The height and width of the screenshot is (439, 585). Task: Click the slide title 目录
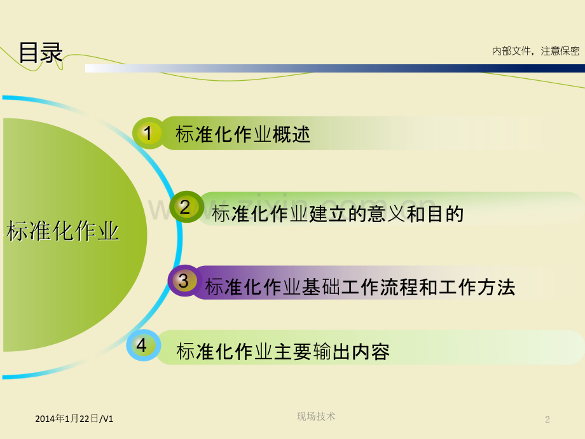41,53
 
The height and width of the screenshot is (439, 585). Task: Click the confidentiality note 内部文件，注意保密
535,51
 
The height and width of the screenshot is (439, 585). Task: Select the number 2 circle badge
186,207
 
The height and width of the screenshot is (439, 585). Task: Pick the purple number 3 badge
184,281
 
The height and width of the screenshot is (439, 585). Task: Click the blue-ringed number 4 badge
143,345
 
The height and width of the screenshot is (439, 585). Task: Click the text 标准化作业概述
243,134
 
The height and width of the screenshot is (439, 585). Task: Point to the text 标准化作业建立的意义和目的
338,214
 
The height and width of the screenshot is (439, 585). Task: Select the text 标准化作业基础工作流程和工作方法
361,287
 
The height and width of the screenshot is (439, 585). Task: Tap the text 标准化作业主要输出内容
283,352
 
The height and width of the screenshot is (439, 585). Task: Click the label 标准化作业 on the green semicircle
63,231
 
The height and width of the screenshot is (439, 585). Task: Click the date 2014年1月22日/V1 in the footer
74,419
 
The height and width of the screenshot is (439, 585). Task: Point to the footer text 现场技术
316,416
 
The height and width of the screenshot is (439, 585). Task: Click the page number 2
547,419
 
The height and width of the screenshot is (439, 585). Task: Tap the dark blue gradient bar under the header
335,68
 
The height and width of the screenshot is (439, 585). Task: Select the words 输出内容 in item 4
352,352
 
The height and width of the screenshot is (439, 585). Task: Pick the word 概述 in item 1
291,134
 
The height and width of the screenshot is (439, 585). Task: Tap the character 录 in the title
52,53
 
